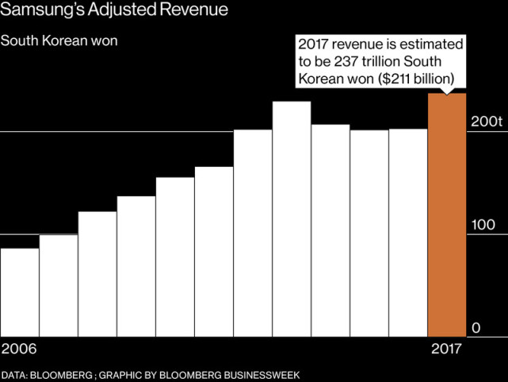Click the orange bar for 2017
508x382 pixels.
click(x=447, y=214)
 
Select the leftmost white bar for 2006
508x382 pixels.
click(x=19, y=291)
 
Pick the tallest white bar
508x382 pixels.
click(x=292, y=218)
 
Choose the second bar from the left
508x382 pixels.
click(x=58, y=284)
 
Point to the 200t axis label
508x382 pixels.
click(x=487, y=122)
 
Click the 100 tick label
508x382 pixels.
click(x=483, y=226)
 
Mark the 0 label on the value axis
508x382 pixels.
click(x=477, y=328)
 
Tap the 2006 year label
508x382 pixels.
click(x=20, y=349)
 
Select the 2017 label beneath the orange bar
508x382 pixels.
click(x=447, y=349)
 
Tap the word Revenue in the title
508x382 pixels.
click(x=200, y=11)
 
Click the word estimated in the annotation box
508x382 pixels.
click(x=433, y=44)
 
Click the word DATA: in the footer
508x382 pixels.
click(x=15, y=374)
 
